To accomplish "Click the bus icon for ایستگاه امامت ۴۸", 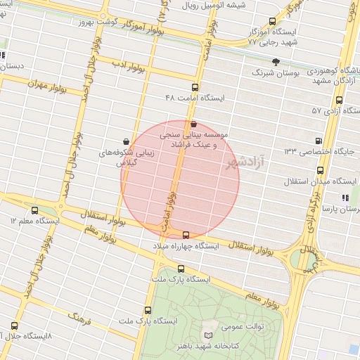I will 195,87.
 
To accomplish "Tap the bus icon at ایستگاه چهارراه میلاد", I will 186,235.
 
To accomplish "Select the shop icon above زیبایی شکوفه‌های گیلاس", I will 126,141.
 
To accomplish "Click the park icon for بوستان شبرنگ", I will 276,62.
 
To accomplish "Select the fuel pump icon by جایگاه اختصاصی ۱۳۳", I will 321,140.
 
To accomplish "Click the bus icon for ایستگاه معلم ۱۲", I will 34,210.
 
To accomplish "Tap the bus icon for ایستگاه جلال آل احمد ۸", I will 15,326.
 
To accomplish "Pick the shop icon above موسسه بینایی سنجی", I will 194,123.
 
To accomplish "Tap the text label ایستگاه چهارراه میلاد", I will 186,247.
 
